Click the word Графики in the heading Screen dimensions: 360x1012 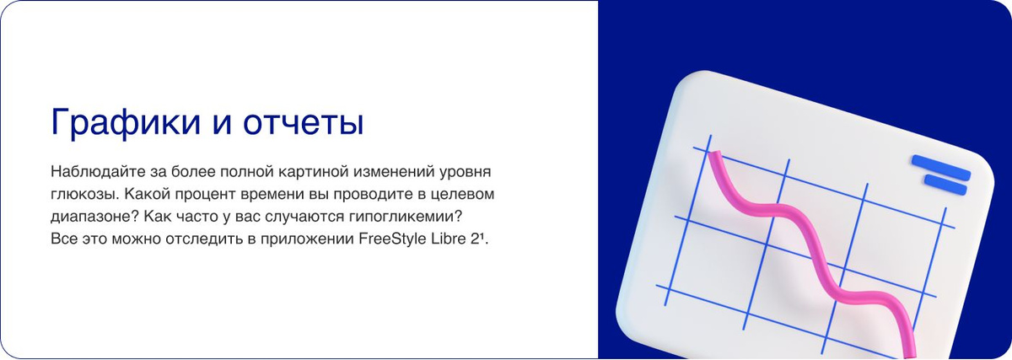(x=117, y=123)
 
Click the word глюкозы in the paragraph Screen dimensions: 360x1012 (x=81, y=194)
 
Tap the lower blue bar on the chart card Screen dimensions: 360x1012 (x=947, y=181)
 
